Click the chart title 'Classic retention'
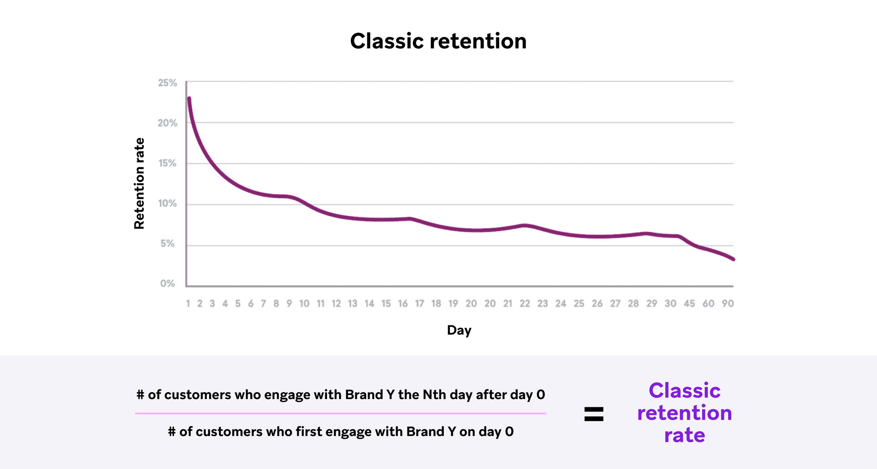coord(438,41)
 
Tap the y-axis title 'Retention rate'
coord(139,183)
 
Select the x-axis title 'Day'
coord(459,330)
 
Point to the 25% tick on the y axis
coord(167,83)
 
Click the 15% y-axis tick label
coord(167,163)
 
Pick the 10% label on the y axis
coord(167,203)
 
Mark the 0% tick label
coord(168,283)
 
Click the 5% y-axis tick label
coord(168,244)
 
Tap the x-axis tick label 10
coord(304,304)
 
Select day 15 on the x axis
coord(386,304)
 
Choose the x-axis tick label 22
coord(525,304)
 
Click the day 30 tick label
coord(671,304)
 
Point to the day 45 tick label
coord(689,304)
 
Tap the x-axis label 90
coord(728,304)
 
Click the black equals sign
coord(594,414)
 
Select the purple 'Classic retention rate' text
coord(684,413)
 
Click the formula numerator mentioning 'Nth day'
coord(341,394)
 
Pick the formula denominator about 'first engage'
coord(341,432)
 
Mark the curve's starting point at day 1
coord(189,98)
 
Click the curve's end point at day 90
coord(733,259)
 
